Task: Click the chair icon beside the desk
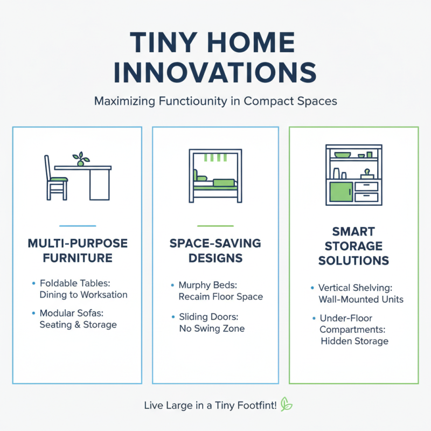click(54, 178)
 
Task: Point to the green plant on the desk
click(81, 158)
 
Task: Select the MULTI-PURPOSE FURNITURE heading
click(78, 251)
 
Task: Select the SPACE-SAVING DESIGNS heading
click(215, 251)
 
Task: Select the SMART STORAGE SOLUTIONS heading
click(353, 246)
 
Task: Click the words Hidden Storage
click(354, 340)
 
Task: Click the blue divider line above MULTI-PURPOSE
click(78, 226)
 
